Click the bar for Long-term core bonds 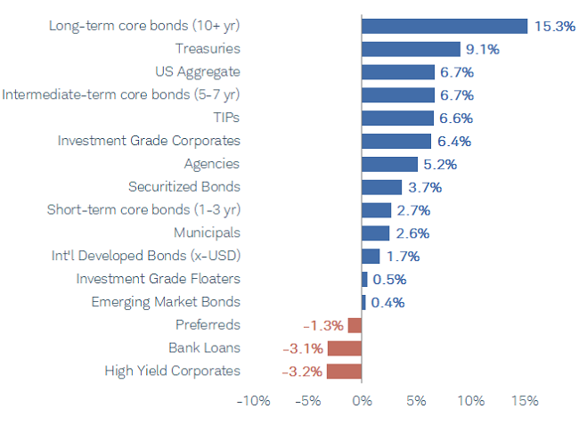444,26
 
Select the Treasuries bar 411,49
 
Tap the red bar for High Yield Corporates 344,371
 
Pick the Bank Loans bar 345,347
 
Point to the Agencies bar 389,164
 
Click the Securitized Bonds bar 381,187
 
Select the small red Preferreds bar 355,325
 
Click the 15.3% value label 554,26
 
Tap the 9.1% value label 482,49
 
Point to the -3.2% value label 302,371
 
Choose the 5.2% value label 439,164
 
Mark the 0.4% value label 387,302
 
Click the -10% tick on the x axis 252,401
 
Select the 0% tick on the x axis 362,401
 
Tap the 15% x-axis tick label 524,401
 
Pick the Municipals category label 207,233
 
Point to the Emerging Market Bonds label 166,302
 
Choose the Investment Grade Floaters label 158,279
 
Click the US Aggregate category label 198,71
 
